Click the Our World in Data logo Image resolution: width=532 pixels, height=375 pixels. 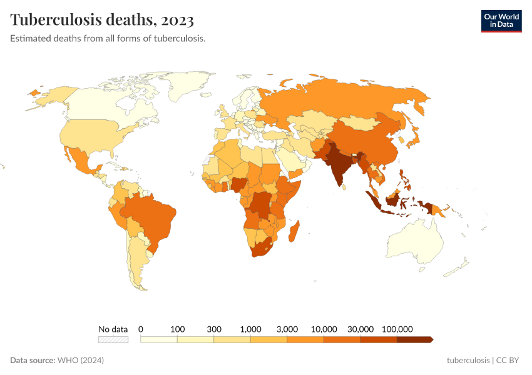[x=501, y=21]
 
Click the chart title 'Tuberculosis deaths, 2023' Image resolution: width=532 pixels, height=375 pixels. [x=102, y=20]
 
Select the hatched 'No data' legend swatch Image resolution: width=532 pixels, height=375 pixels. [x=113, y=339]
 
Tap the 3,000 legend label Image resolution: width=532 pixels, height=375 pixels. [x=287, y=329]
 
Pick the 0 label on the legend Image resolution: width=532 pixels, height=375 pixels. [x=141, y=329]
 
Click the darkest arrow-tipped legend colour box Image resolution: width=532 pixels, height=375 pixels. [x=414, y=339]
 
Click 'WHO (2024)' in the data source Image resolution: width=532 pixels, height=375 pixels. [x=80, y=361]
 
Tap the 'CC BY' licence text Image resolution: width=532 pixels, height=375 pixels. [x=508, y=361]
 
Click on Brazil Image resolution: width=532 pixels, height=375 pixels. [x=150, y=216]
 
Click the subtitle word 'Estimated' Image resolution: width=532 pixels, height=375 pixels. [x=29, y=38]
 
